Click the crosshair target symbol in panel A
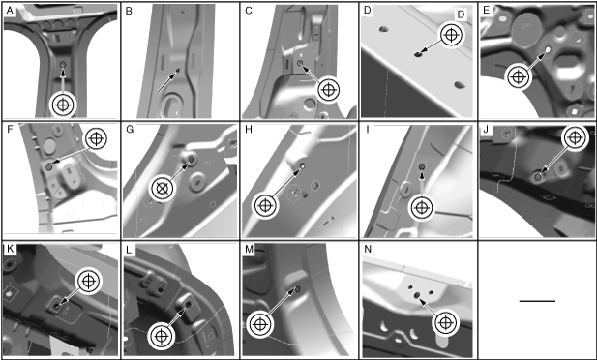click(63, 105)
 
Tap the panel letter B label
click(129, 11)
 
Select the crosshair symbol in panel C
click(328, 90)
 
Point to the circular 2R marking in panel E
click(526, 27)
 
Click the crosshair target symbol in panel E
click(517, 77)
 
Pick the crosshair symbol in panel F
click(97, 138)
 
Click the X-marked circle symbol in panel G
click(162, 188)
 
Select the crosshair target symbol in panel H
click(265, 206)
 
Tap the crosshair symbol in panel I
click(421, 208)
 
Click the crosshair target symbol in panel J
click(575, 136)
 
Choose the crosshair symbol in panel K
click(88, 282)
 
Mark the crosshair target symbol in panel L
click(162, 337)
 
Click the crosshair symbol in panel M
click(259, 324)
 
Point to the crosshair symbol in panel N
click(445, 323)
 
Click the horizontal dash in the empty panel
click(537, 301)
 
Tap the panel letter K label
click(10, 249)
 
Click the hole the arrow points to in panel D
click(418, 54)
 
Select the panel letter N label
click(368, 249)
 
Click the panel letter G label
click(130, 130)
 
